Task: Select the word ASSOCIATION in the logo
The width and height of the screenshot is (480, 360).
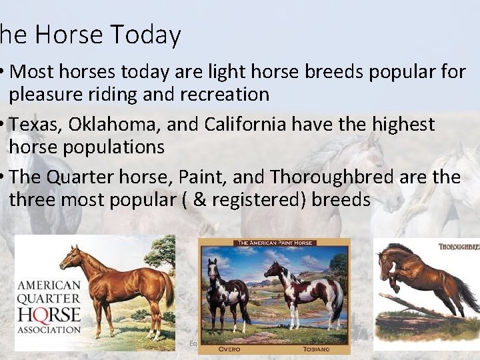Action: coord(49,329)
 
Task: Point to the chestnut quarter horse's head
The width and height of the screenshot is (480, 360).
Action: coord(66,254)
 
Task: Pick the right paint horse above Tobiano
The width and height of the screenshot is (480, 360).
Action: coord(307,290)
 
